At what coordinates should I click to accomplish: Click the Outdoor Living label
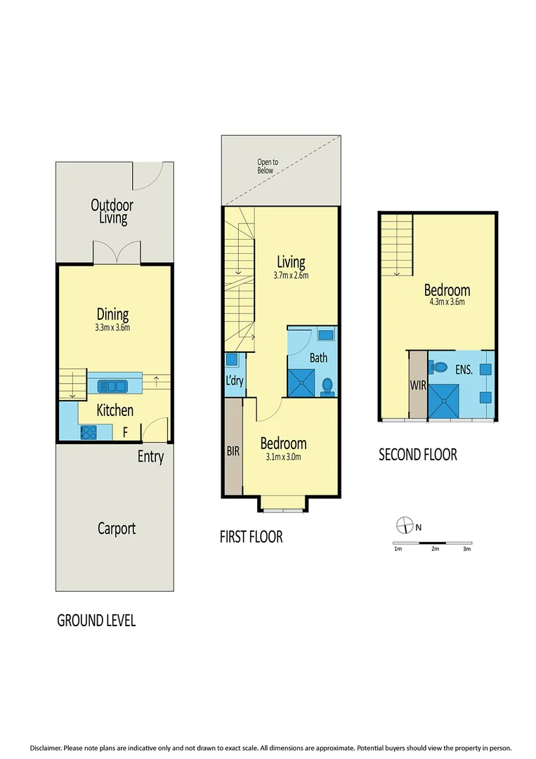tap(112, 212)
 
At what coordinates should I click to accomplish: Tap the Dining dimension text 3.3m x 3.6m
tap(112, 327)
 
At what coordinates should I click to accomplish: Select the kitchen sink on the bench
tap(112, 385)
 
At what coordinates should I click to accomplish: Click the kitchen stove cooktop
tap(90, 432)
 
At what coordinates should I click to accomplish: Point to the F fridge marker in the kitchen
tap(125, 432)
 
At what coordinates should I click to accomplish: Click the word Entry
tap(150, 457)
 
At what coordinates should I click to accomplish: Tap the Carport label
tap(116, 528)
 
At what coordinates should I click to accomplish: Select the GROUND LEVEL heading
tap(96, 621)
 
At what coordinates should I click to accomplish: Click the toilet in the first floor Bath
tap(327, 386)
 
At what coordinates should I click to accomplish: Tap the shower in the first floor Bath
tap(301, 383)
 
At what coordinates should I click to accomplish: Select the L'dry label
tap(234, 386)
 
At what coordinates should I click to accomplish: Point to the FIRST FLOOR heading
tap(251, 537)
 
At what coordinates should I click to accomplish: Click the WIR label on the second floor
tap(417, 386)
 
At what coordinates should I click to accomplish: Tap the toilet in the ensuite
tap(440, 366)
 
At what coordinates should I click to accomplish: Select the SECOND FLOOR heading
tap(418, 455)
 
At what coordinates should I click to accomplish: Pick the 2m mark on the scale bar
tap(435, 549)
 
